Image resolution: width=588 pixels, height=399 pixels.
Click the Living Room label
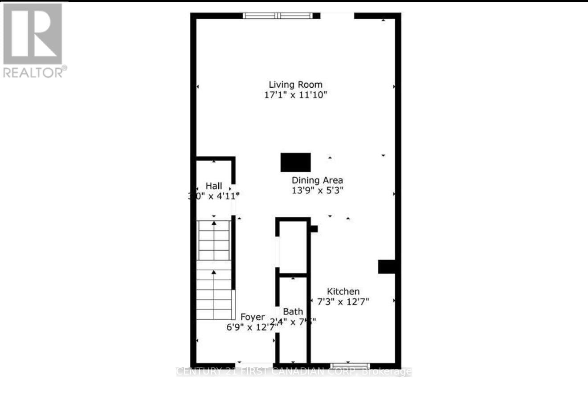(295, 84)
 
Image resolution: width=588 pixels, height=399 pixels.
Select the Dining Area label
(317, 180)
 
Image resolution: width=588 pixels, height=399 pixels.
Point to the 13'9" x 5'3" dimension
(317, 190)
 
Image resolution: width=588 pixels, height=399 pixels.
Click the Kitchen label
(343, 291)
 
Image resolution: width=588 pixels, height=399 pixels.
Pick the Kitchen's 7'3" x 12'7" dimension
(343, 301)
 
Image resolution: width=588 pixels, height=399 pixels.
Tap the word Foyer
(253, 317)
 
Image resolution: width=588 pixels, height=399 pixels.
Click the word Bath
(293, 312)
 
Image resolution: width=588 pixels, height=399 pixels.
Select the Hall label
(214, 186)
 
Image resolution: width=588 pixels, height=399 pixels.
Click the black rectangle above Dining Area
(295, 162)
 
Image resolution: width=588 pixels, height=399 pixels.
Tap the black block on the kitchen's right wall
(387, 266)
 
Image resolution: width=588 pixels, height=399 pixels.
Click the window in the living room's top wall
(278, 16)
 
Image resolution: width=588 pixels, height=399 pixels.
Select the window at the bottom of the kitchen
(350, 366)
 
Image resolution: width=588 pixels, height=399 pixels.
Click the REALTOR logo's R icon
(33, 33)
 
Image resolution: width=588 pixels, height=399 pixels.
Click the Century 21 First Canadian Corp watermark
(294, 371)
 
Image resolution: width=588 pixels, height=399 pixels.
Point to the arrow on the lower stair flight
(214, 272)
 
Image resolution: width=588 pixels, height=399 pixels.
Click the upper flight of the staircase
(214, 240)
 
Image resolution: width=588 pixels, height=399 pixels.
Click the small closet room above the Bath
(293, 247)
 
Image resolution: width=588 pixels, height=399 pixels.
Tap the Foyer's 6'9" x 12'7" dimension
(252, 327)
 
